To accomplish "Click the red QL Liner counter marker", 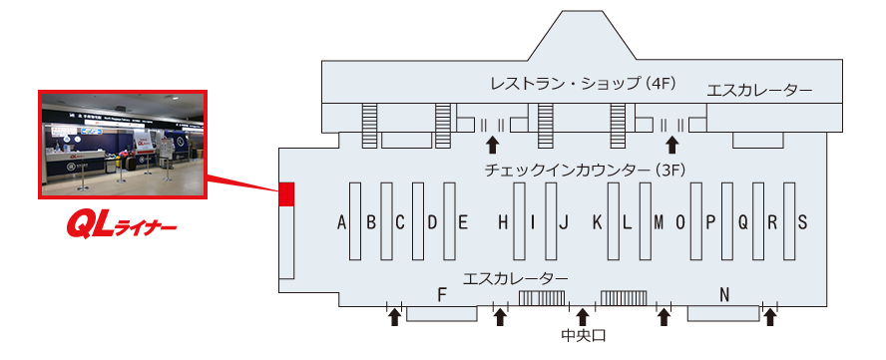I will [x=286, y=194].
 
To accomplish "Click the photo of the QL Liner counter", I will [x=121, y=146].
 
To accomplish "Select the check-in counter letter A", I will [x=342, y=222].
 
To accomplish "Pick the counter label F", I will [x=440, y=294].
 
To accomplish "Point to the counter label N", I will [x=724, y=294].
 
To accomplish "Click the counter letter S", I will [x=801, y=222].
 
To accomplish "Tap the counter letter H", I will [x=503, y=222].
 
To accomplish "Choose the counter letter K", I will [x=597, y=222].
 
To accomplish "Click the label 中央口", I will [x=583, y=336].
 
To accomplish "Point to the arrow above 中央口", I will [x=583, y=317].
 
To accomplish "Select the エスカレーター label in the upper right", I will [x=759, y=91].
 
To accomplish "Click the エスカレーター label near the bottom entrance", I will [x=516, y=276].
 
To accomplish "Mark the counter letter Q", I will [x=742, y=222].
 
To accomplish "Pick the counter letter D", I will [x=432, y=222].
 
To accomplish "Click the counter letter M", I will [x=659, y=222].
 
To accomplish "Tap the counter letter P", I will [x=710, y=222].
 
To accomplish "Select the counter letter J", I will [x=564, y=222].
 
